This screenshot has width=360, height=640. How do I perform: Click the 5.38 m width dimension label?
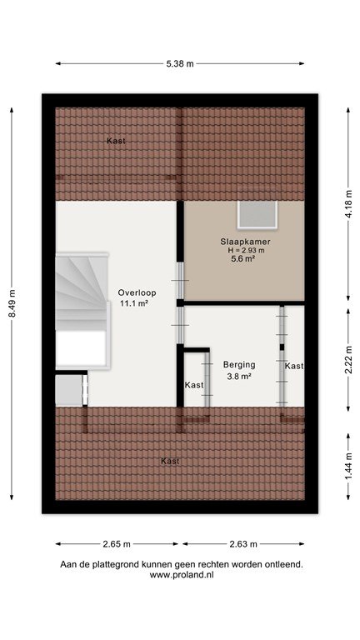pyautogui.click(x=180, y=63)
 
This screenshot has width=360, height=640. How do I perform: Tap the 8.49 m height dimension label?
pyautogui.click(x=12, y=303)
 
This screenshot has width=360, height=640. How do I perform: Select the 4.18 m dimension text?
pyautogui.click(x=348, y=204)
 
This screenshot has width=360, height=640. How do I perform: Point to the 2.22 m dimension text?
pyautogui.click(x=348, y=360)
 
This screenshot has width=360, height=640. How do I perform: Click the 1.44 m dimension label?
pyautogui.click(x=348, y=467)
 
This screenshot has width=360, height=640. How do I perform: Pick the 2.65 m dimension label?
pyautogui.click(x=117, y=543)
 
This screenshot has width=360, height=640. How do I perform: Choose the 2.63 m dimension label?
pyautogui.click(x=243, y=543)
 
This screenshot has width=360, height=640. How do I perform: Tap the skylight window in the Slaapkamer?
pyautogui.click(x=257, y=215)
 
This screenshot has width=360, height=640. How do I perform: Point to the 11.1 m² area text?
pyautogui.click(x=133, y=303)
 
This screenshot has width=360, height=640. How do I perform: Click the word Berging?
pyautogui.click(x=239, y=365)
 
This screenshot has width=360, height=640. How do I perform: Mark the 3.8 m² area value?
pyautogui.click(x=239, y=377)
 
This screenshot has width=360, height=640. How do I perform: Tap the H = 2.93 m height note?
pyautogui.click(x=246, y=250)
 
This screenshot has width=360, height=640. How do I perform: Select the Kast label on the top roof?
pyautogui.click(x=116, y=141)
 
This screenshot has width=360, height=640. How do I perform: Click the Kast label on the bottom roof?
pyautogui.click(x=170, y=461)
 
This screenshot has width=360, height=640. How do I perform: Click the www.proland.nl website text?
pyautogui.click(x=182, y=575)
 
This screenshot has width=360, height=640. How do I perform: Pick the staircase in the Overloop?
pyautogui.click(x=82, y=311)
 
